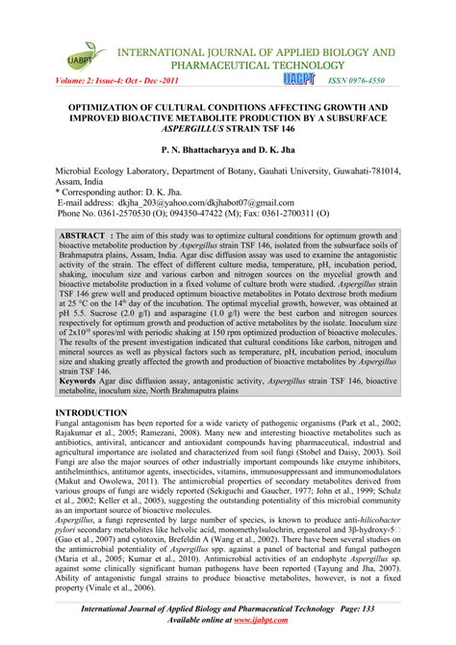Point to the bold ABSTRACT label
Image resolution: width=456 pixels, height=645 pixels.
click(90, 236)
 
